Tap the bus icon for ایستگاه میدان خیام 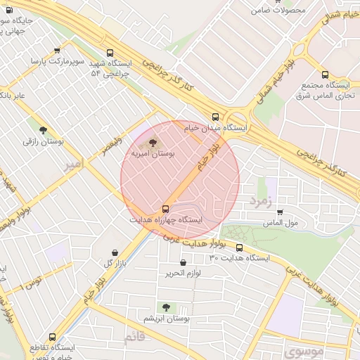pos(215,117)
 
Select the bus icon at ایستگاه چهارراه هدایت pos(166,209)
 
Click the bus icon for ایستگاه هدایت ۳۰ pos(240,247)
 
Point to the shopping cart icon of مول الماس pos(280,212)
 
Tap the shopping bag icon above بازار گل pos(115,252)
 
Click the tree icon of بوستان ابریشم pos(166,307)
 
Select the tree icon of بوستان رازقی pos(44,130)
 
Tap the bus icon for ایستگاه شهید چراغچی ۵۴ pos(109,53)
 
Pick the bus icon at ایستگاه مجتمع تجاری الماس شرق pos(324,75)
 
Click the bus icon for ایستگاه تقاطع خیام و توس pos(53,337)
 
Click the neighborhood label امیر pos(72,165)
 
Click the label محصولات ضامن pos(281,11)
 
